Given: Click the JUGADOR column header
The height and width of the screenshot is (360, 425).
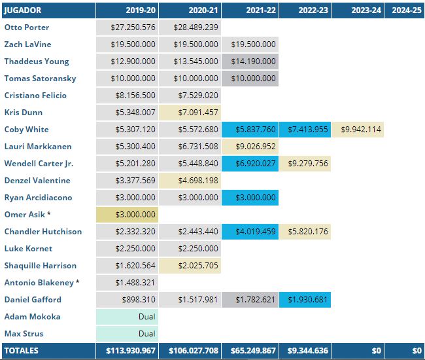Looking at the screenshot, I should tap(24, 10).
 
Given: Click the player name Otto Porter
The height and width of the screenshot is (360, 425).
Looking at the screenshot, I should tap(27, 27).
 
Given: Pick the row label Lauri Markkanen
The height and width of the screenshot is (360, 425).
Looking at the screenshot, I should tap(38, 147).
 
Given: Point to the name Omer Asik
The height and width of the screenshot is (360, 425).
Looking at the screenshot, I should tap(26, 215).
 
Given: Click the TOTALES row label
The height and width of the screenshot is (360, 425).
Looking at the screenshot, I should tap(22, 351).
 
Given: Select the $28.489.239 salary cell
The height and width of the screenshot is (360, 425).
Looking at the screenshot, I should tap(191, 27).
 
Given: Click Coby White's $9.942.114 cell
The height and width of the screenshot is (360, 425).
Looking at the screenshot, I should tap(358, 130).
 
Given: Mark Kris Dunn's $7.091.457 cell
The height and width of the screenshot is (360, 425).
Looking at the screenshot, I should tap(191, 113).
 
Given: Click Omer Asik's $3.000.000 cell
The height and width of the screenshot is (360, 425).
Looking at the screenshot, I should tap(127, 215).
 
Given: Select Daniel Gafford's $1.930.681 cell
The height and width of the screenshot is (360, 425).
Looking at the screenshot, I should tap(305, 300).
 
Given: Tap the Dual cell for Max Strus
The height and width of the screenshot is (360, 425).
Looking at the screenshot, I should tap(127, 334).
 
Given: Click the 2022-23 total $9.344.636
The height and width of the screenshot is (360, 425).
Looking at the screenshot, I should tap(307, 351).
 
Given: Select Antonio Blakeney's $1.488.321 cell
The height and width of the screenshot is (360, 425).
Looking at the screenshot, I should tap(127, 283).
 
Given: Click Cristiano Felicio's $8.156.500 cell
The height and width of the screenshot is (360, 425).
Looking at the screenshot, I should tap(127, 96).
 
